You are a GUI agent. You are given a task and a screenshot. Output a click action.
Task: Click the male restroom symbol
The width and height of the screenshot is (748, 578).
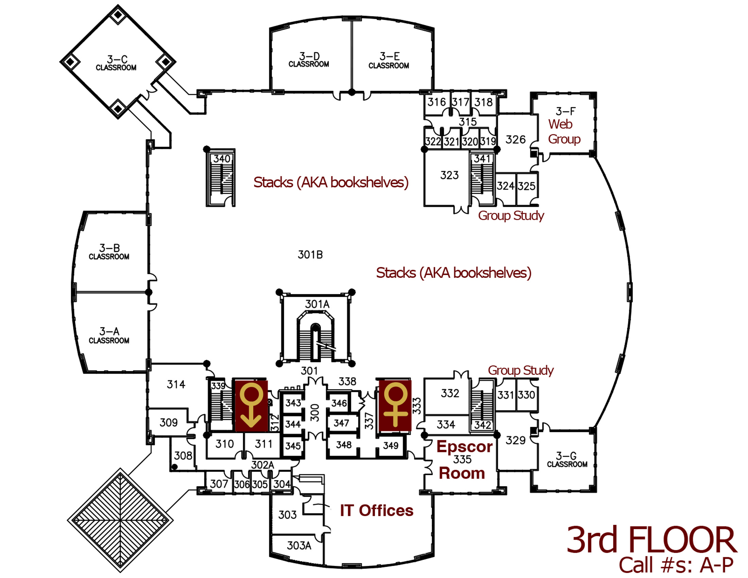251,405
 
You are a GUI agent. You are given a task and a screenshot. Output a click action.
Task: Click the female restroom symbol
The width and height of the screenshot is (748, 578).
395,405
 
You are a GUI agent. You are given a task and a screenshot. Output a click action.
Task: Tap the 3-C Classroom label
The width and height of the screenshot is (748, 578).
116,63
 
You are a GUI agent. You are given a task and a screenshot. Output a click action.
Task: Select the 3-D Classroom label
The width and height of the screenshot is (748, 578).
309,60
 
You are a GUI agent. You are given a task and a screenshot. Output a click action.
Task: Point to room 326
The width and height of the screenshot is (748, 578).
515,140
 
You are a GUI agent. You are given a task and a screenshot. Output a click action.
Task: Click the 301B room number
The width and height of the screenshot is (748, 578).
310,255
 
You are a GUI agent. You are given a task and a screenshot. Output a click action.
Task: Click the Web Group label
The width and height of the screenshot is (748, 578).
564,132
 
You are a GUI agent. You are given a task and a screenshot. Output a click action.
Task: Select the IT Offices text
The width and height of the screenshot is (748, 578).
376,511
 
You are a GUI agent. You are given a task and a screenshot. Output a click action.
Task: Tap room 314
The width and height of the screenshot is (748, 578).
176,385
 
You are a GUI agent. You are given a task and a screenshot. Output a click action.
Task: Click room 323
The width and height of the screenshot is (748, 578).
449,175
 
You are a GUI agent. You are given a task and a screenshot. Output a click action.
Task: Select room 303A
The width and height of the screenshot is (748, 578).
299,545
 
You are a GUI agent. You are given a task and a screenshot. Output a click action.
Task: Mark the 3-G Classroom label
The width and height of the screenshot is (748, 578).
567,460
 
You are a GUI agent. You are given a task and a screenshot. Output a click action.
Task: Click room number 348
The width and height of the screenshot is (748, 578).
343,445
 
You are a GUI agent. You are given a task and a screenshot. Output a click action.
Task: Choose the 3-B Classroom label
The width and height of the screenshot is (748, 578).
109,252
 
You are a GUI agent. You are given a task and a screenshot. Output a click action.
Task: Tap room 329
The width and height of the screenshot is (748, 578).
515,440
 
